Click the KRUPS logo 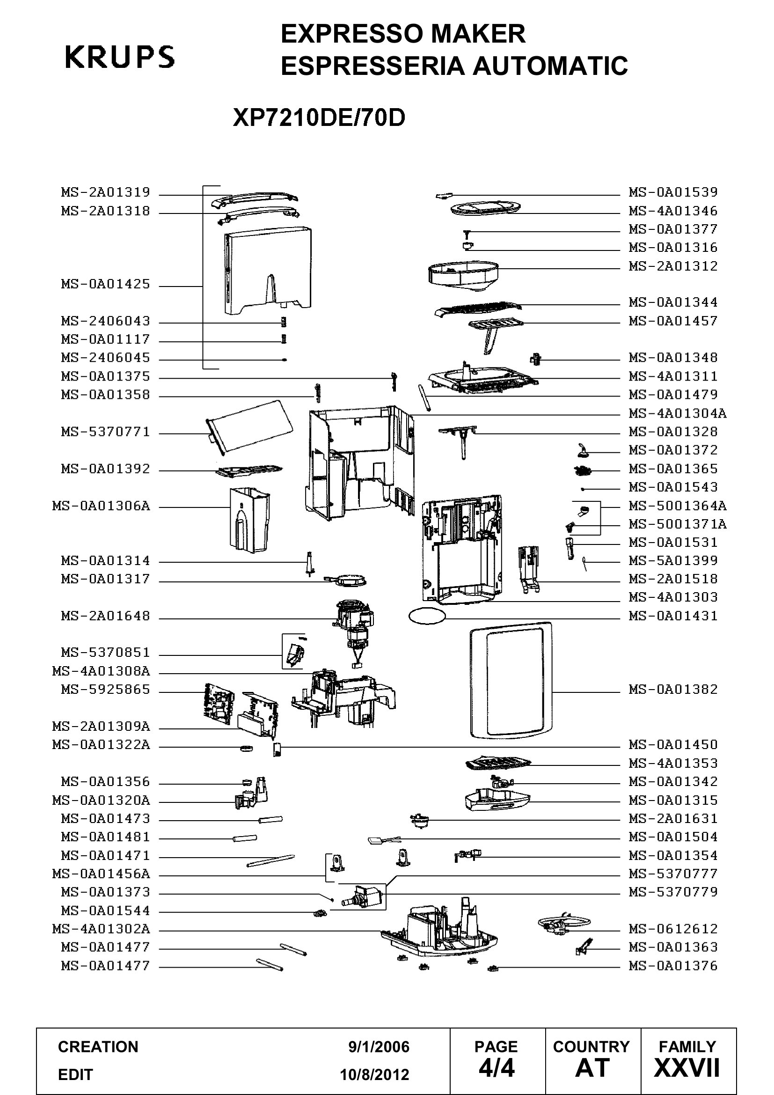click(x=120, y=57)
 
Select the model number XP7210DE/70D click(x=319, y=118)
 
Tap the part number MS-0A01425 click(x=105, y=284)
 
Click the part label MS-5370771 click(x=105, y=432)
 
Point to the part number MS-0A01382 click(x=673, y=690)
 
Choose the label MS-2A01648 click(x=105, y=616)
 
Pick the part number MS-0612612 click(x=673, y=929)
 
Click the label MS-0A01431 click(x=673, y=616)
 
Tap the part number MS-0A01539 click(x=673, y=192)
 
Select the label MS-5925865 click(x=105, y=690)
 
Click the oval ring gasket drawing click(x=427, y=610)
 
